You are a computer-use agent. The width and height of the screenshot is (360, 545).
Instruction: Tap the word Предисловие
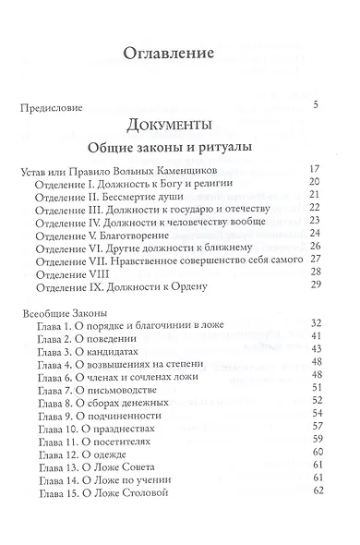coord(56,106)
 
